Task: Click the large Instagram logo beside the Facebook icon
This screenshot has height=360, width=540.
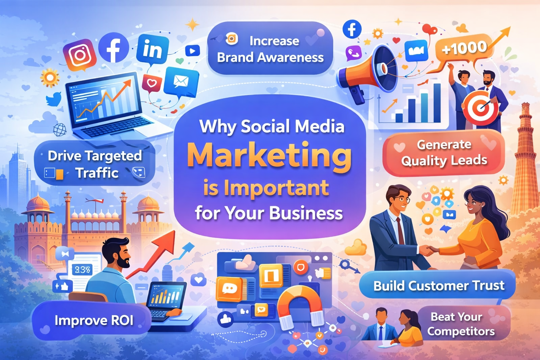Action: point(79,54)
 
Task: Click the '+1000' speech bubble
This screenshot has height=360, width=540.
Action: point(464,48)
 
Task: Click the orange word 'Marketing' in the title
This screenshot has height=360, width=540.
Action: point(269,156)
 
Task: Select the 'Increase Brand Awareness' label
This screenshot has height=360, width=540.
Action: point(270,49)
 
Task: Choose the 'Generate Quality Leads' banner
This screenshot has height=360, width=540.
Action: point(444,153)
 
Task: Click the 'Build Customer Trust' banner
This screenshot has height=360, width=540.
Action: point(438,285)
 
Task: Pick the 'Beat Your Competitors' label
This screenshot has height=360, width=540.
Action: point(461,324)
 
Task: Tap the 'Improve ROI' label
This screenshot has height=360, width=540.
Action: point(94,320)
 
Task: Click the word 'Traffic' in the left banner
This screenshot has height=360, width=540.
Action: point(97,173)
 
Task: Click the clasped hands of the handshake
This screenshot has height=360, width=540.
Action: point(427,250)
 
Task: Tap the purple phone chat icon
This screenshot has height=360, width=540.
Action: point(353,53)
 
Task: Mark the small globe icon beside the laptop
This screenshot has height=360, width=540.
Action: point(60,130)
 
